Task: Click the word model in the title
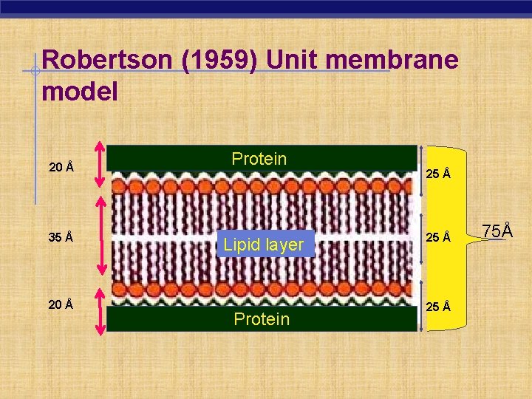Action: click(81, 92)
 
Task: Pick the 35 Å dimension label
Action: click(61, 237)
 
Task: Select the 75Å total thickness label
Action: click(497, 231)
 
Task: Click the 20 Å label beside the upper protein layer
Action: click(61, 167)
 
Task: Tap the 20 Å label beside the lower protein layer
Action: click(61, 304)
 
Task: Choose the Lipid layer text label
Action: click(264, 245)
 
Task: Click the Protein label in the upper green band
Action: click(259, 159)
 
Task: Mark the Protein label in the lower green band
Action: click(261, 318)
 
